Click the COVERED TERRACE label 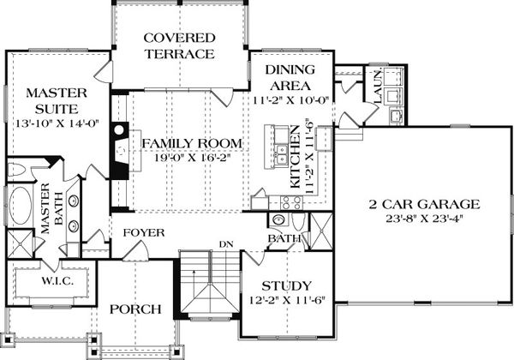point(178,45)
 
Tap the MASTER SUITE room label point(51,100)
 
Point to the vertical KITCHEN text point(293,160)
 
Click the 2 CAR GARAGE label point(420,204)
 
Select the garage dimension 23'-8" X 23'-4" point(420,219)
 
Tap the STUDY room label point(286,285)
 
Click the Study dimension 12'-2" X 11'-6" point(286,300)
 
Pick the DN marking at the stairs point(226,245)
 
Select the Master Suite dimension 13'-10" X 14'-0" point(51,122)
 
